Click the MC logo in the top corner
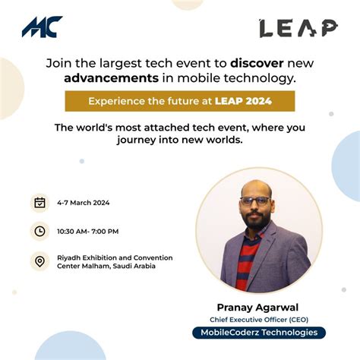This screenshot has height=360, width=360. [43, 27]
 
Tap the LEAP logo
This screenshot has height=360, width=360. [298, 28]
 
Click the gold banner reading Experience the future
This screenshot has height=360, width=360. [179, 101]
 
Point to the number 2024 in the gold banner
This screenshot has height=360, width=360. [257, 101]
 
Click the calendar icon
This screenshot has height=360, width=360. [39, 203]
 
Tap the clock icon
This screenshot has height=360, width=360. [39, 231]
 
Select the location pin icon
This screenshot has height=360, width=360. [39, 262]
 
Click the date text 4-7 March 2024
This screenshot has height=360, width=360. [84, 203]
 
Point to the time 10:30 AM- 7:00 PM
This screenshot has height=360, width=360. [88, 231]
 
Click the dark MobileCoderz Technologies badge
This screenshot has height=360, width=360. [259, 333]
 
